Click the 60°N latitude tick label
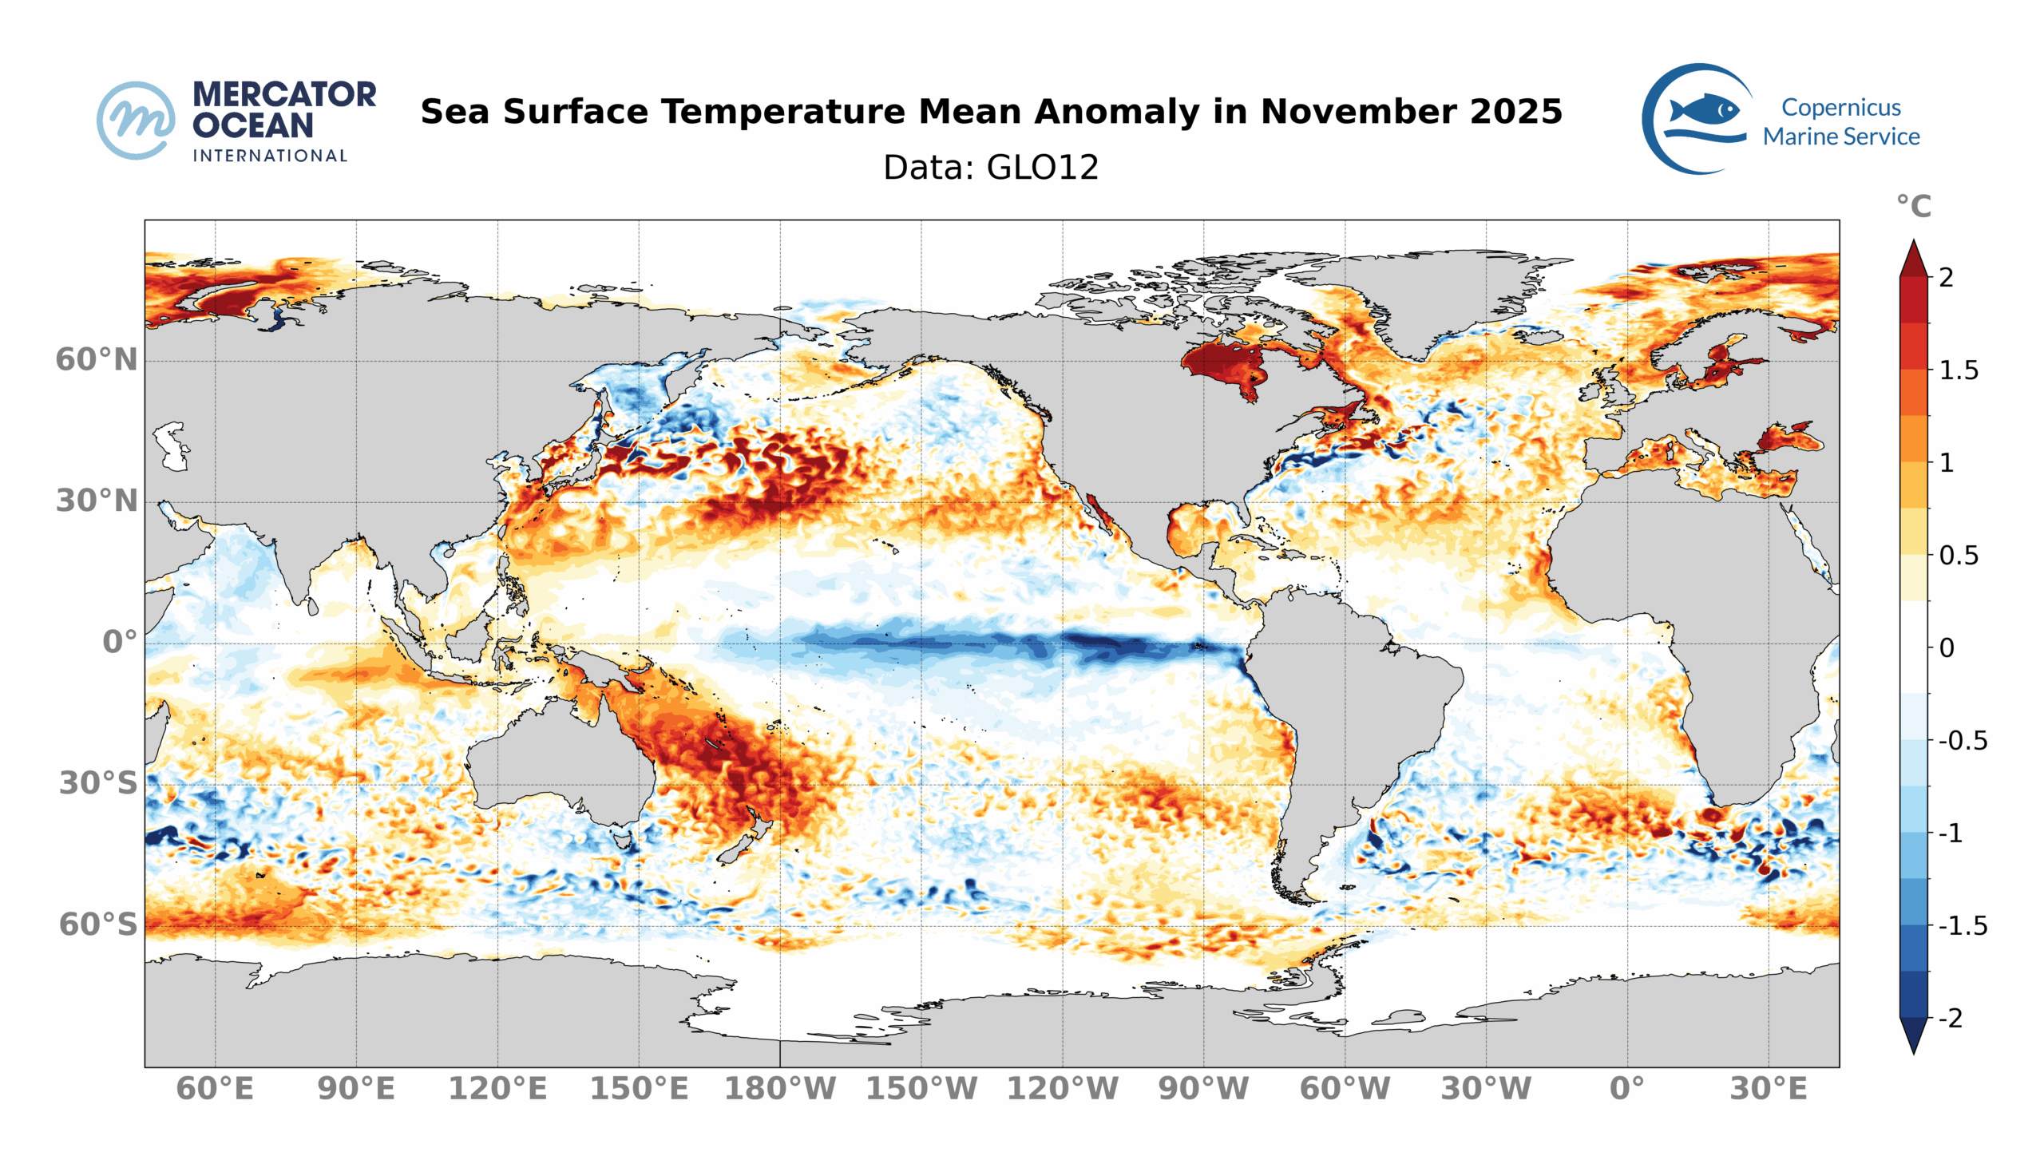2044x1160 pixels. tap(97, 360)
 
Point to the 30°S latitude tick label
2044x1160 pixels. tap(98, 783)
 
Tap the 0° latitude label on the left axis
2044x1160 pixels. tap(120, 642)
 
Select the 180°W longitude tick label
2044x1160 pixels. tap(779, 1089)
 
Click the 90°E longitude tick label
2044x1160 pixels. tap(356, 1089)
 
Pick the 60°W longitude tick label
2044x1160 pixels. tap(1345, 1089)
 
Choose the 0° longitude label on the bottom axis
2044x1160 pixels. tap(1627, 1089)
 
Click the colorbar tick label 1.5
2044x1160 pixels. tap(1959, 370)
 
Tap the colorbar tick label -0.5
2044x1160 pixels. tap(1963, 741)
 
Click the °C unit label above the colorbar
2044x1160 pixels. tap(1914, 207)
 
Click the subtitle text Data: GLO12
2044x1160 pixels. tap(991, 168)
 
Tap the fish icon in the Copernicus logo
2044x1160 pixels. tap(1705, 109)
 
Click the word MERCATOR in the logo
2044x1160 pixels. tap(284, 94)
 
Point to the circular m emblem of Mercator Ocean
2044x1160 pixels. tap(136, 121)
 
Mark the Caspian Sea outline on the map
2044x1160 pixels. tap(172, 445)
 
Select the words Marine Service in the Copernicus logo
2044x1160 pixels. tap(1841, 137)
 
